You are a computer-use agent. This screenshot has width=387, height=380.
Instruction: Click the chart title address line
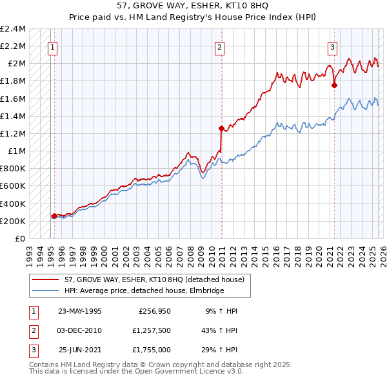[193, 6]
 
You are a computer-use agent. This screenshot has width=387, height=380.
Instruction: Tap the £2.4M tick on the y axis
[13, 29]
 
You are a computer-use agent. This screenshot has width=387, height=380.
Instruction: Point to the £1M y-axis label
[17, 151]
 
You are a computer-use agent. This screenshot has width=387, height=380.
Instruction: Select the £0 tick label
[21, 238]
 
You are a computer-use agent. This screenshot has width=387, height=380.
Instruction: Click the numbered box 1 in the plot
[52, 46]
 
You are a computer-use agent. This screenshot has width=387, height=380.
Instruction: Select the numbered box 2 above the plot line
[220, 46]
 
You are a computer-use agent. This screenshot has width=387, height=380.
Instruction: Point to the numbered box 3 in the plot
[332, 46]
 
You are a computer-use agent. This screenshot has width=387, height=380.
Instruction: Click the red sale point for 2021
[334, 85]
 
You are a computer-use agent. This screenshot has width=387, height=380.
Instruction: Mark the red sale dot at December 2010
[221, 128]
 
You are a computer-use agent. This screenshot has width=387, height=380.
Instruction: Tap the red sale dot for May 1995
[54, 216]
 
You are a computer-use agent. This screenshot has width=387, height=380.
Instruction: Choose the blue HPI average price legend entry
[143, 291]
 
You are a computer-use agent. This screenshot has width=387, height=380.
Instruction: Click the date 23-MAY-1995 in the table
[80, 311]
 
